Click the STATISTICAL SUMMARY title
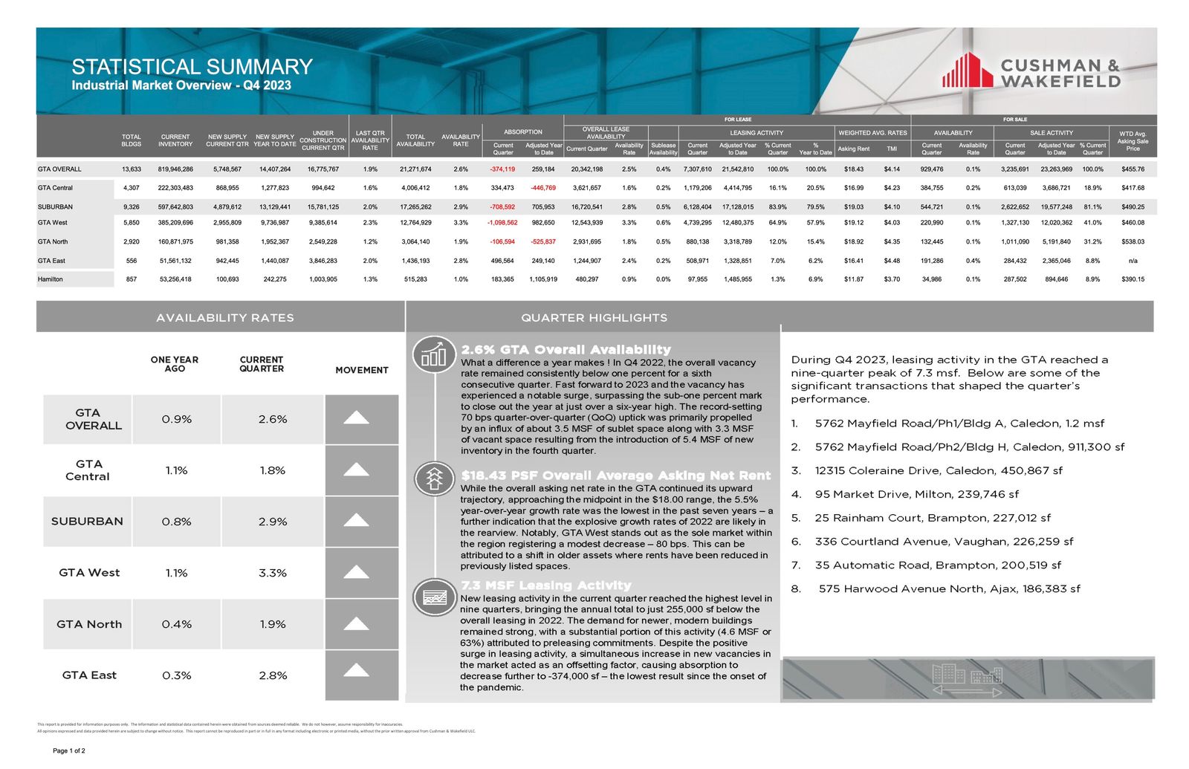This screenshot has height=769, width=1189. (x=192, y=67)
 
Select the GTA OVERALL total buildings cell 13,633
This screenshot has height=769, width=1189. (x=132, y=169)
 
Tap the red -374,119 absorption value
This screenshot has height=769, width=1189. (x=502, y=169)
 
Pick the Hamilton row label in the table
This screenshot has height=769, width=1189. (x=51, y=279)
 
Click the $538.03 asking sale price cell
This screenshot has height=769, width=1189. (x=1133, y=241)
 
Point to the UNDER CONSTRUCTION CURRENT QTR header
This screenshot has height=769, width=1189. (x=323, y=140)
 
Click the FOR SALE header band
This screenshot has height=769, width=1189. (x=1015, y=119)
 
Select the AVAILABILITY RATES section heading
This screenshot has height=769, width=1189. (x=224, y=317)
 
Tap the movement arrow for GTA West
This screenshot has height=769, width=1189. (x=357, y=572)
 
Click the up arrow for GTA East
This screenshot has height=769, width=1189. (x=357, y=671)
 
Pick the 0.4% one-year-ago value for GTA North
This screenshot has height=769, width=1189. (x=176, y=624)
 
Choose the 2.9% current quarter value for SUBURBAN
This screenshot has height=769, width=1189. (x=273, y=522)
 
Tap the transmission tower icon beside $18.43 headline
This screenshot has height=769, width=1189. (x=433, y=479)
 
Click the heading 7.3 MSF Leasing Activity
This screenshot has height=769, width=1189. (x=545, y=585)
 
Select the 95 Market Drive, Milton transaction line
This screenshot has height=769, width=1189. (x=916, y=494)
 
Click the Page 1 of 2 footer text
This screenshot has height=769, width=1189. (x=69, y=750)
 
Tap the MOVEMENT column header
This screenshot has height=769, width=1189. (x=362, y=370)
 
